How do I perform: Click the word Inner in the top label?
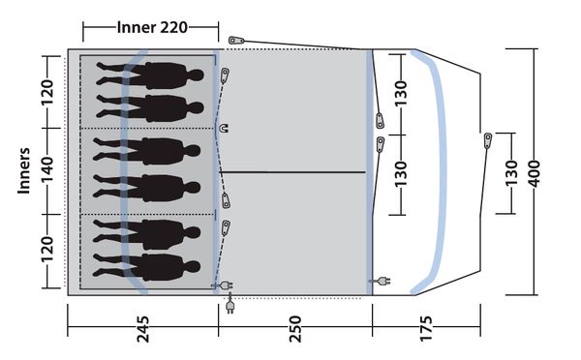[x=137, y=27]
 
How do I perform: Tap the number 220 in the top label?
[x=173, y=27]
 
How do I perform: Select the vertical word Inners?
[x=23, y=170]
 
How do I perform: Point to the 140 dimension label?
[x=47, y=169]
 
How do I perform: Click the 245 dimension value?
[x=143, y=329]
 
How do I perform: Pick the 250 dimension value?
[x=295, y=329]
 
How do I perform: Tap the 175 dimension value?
[x=426, y=329]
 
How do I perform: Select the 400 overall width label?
[x=535, y=173]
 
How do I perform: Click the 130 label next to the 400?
[x=511, y=173]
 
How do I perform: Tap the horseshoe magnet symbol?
[x=224, y=128]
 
